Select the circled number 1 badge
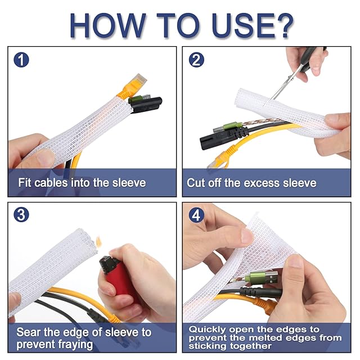click(21, 60)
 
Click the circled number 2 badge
click(196, 60)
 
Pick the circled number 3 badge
click(21, 215)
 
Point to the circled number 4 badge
click(196, 215)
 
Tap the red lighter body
click(121, 282)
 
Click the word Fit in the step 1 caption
click(24, 182)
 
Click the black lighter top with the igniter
click(108, 264)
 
